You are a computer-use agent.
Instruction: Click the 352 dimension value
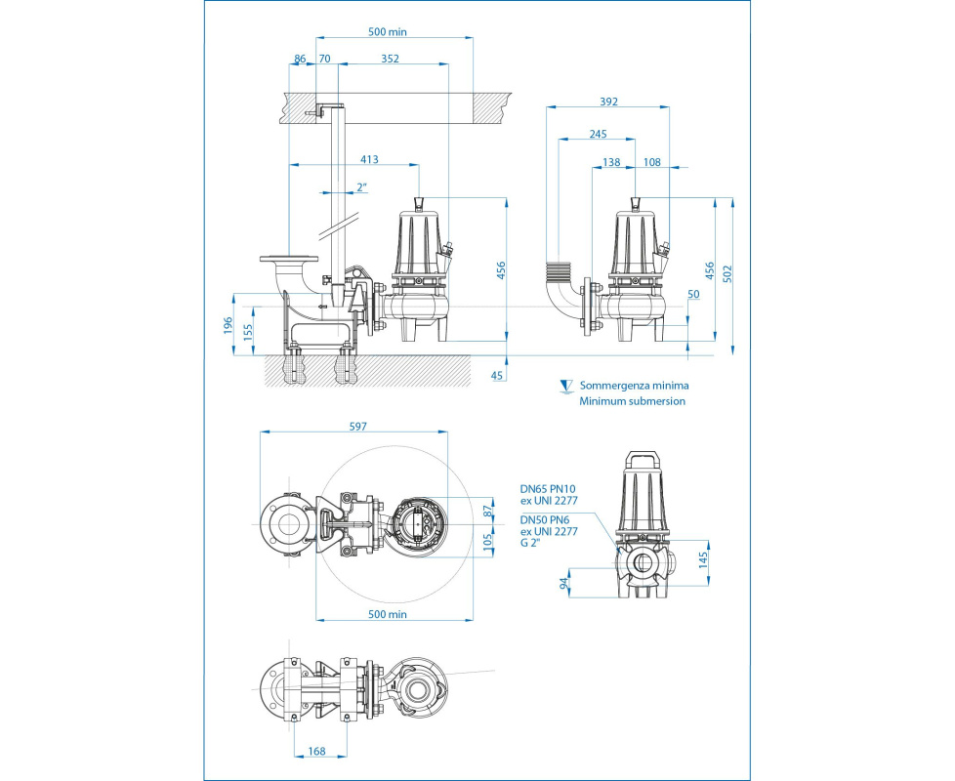tap(390, 59)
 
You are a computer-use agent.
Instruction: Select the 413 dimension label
tap(369, 158)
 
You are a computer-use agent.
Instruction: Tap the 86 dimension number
tap(300, 59)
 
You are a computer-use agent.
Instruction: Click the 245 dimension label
tap(598, 135)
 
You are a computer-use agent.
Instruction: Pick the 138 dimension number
tap(612, 163)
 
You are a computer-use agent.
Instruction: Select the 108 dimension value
tap(652, 163)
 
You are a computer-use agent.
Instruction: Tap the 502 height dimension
tap(729, 272)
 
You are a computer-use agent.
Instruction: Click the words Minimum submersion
tap(632, 401)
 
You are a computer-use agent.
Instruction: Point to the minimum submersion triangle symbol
tap(563, 387)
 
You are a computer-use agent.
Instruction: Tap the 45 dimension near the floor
tap(498, 375)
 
